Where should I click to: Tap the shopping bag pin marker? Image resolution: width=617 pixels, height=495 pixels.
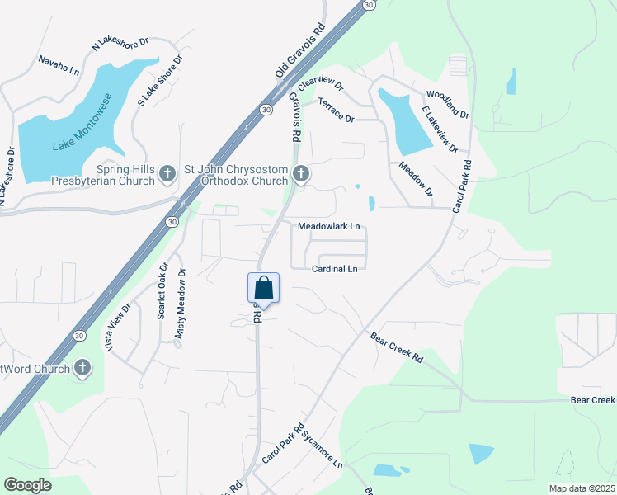coord(263,288)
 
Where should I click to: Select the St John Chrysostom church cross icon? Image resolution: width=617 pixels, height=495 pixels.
coord(301,173)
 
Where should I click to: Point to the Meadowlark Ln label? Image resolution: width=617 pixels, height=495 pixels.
coord(329,226)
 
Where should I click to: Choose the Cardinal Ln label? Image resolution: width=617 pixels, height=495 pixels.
coord(335,269)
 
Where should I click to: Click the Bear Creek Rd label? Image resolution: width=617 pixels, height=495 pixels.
coord(397,348)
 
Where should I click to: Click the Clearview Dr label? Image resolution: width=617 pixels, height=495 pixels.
coord(321,83)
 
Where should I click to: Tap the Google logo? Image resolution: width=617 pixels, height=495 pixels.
coord(27,484)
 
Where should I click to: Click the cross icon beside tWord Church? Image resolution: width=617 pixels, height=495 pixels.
coord(82,369)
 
